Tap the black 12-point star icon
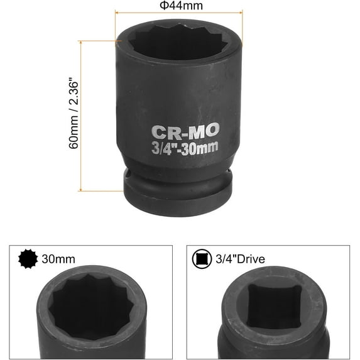coord(28,259)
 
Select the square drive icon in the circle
coord(202,259)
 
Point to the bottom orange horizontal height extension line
coord(101,190)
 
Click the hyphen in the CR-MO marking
coord(183,132)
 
